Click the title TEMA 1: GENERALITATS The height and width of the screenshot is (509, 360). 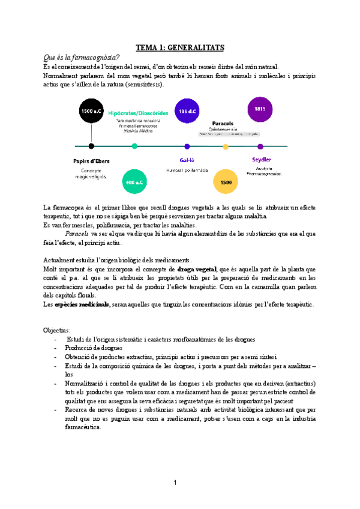pyautogui.click(x=180, y=47)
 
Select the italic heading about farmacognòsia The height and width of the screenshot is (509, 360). pyautogui.click(x=82, y=57)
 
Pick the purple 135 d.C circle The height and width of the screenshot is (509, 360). pyautogui.click(x=187, y=110)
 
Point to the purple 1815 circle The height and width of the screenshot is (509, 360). pyautogui.click(x=260, y=109)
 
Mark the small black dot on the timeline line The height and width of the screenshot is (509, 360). pyautogui.click(x=91, y=146)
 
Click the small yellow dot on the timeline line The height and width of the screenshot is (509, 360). pyautogui.click(x=226, y=146)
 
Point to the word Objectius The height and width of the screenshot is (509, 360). pyautogui.click(x=57, y=331)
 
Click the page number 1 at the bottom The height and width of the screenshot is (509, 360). pyautogui.click(x=175, y=483)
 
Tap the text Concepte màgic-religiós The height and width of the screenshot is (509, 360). pyautogui.click(x=90, y=173)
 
